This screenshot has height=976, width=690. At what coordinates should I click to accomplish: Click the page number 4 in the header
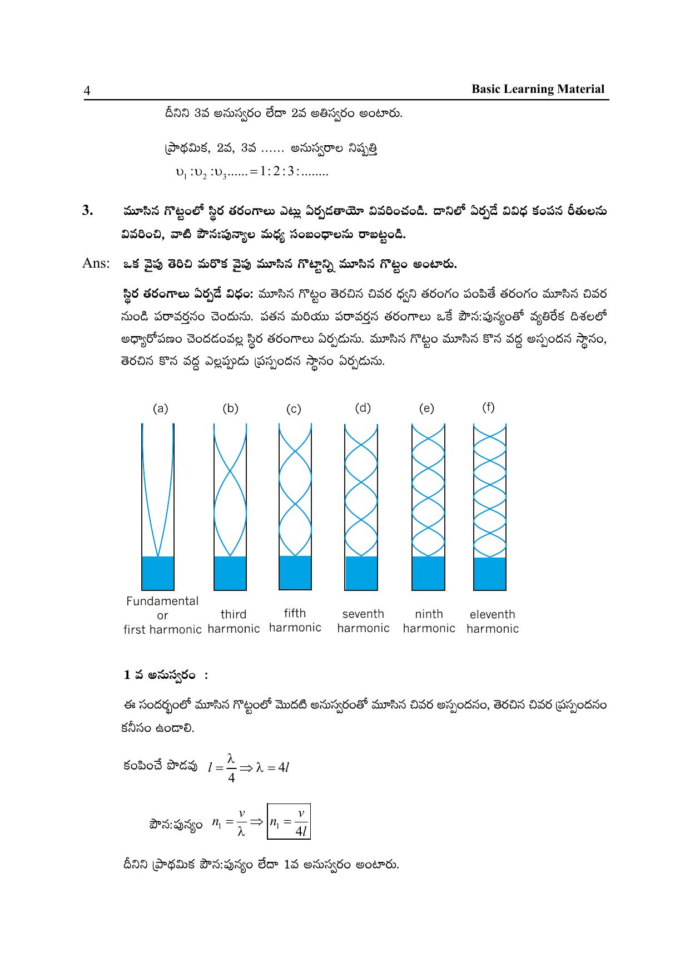pos(87,91)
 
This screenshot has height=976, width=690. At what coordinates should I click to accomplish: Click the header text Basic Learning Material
pos(538,89)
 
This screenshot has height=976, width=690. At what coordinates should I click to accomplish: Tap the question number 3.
pos(87,210)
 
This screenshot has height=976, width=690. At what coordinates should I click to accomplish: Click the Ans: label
pos(95,263)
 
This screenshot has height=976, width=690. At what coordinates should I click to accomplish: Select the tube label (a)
pos(160,409)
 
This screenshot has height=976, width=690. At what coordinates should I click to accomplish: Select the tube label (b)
pos(230,408)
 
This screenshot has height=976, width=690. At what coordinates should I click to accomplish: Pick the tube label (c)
pos(294,410)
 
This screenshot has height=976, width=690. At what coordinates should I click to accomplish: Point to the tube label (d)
pos(363,408)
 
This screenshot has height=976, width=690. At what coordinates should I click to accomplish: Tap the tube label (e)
pos(426,409)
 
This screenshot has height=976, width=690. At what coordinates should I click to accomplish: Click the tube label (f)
pos(488,407)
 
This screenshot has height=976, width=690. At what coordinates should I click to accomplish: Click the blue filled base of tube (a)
pos(158,573)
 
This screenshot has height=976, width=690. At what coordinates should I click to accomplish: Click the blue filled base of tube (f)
pos(490,574)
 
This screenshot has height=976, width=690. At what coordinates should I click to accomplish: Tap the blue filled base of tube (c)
pos(295,573)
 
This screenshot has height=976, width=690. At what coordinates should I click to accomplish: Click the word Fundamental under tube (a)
pos(162,601)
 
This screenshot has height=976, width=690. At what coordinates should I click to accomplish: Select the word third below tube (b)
pos(234,614)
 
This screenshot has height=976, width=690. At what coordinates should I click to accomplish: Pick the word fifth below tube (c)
pos(295,613)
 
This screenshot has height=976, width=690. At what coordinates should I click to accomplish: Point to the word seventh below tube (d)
pos(363,614)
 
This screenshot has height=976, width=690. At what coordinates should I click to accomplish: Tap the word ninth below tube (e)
pos(429,614)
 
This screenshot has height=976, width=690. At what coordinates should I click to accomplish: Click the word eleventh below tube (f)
pos(493,614)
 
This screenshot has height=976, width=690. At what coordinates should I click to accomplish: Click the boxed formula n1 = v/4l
pos(289,821)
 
